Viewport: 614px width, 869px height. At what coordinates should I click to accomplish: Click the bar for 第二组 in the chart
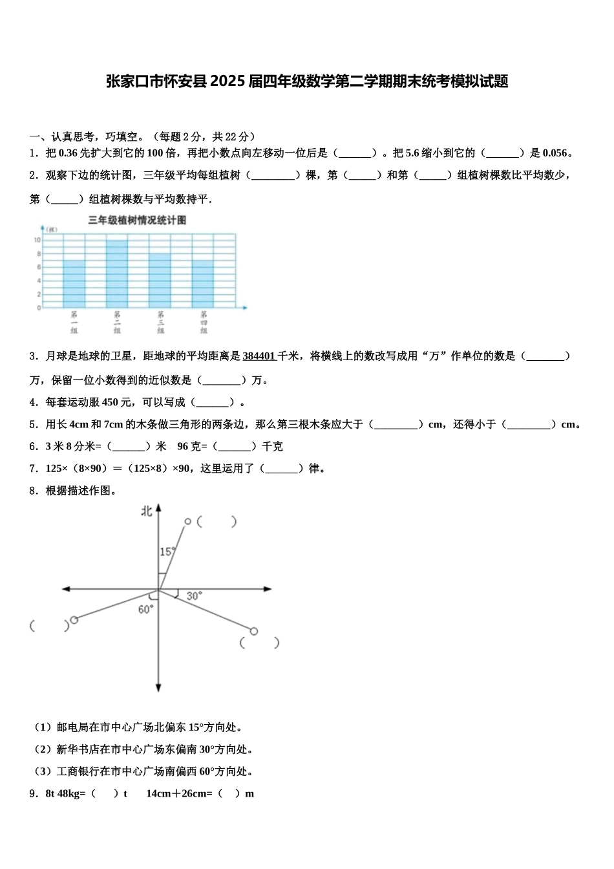(117, 274)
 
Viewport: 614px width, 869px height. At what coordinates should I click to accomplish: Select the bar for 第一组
(74, 284)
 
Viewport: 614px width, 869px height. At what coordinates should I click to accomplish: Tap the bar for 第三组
(160, 281)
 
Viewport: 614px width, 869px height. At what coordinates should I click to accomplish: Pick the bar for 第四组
(203, 284)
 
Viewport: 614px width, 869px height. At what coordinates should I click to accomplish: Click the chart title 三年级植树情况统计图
(138, 220)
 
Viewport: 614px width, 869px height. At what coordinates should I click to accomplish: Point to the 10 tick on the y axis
(37, 240)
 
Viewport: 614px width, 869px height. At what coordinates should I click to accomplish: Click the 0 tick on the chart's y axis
(39, 308)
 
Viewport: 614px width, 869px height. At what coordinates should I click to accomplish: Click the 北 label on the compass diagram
(147, 511)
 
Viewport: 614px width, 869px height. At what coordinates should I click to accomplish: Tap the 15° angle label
(167, 552)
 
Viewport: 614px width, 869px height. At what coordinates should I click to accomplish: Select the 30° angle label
(194, 595)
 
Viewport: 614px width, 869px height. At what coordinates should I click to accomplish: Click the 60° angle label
(146, 609)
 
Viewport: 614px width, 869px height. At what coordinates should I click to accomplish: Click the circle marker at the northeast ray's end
(187, 521)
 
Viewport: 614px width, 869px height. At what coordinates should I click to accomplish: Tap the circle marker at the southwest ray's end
(74, 620)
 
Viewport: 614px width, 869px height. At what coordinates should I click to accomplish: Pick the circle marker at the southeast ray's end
(254, 631)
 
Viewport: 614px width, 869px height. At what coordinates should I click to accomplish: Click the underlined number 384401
(259, 356)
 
